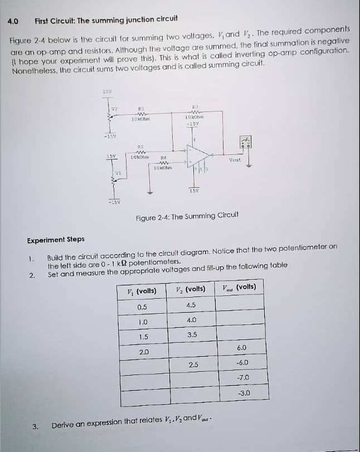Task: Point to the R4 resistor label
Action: (164, 158)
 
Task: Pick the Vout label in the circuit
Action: (235, 159)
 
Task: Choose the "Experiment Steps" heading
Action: (56, 240)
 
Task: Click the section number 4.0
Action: (13, 21)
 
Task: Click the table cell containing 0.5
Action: (142, 306)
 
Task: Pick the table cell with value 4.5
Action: (191, 305)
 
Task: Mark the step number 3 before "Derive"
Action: (35, 427)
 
